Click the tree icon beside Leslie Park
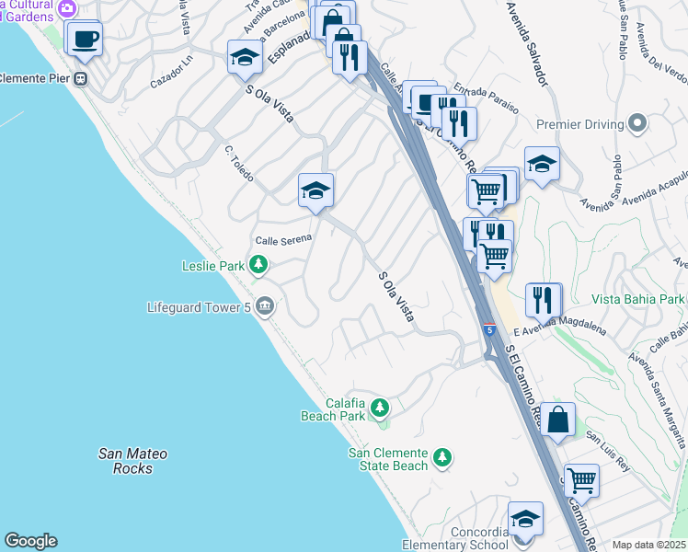click(259, 267)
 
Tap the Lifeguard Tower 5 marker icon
click(266, 305)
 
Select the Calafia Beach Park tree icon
click(379, 407)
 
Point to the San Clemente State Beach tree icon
click(442, 457)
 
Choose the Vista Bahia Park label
click(638, 299)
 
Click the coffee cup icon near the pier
click(85, 40)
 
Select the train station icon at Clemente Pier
click(81, 78)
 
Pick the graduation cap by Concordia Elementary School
click(525, 520)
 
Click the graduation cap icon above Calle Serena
click(315, 190)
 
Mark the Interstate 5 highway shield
click(488, 329)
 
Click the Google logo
click(30, 541)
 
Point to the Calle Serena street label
click(284, 239)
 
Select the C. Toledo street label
click(239, 163)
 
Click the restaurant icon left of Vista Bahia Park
click(543, 299)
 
